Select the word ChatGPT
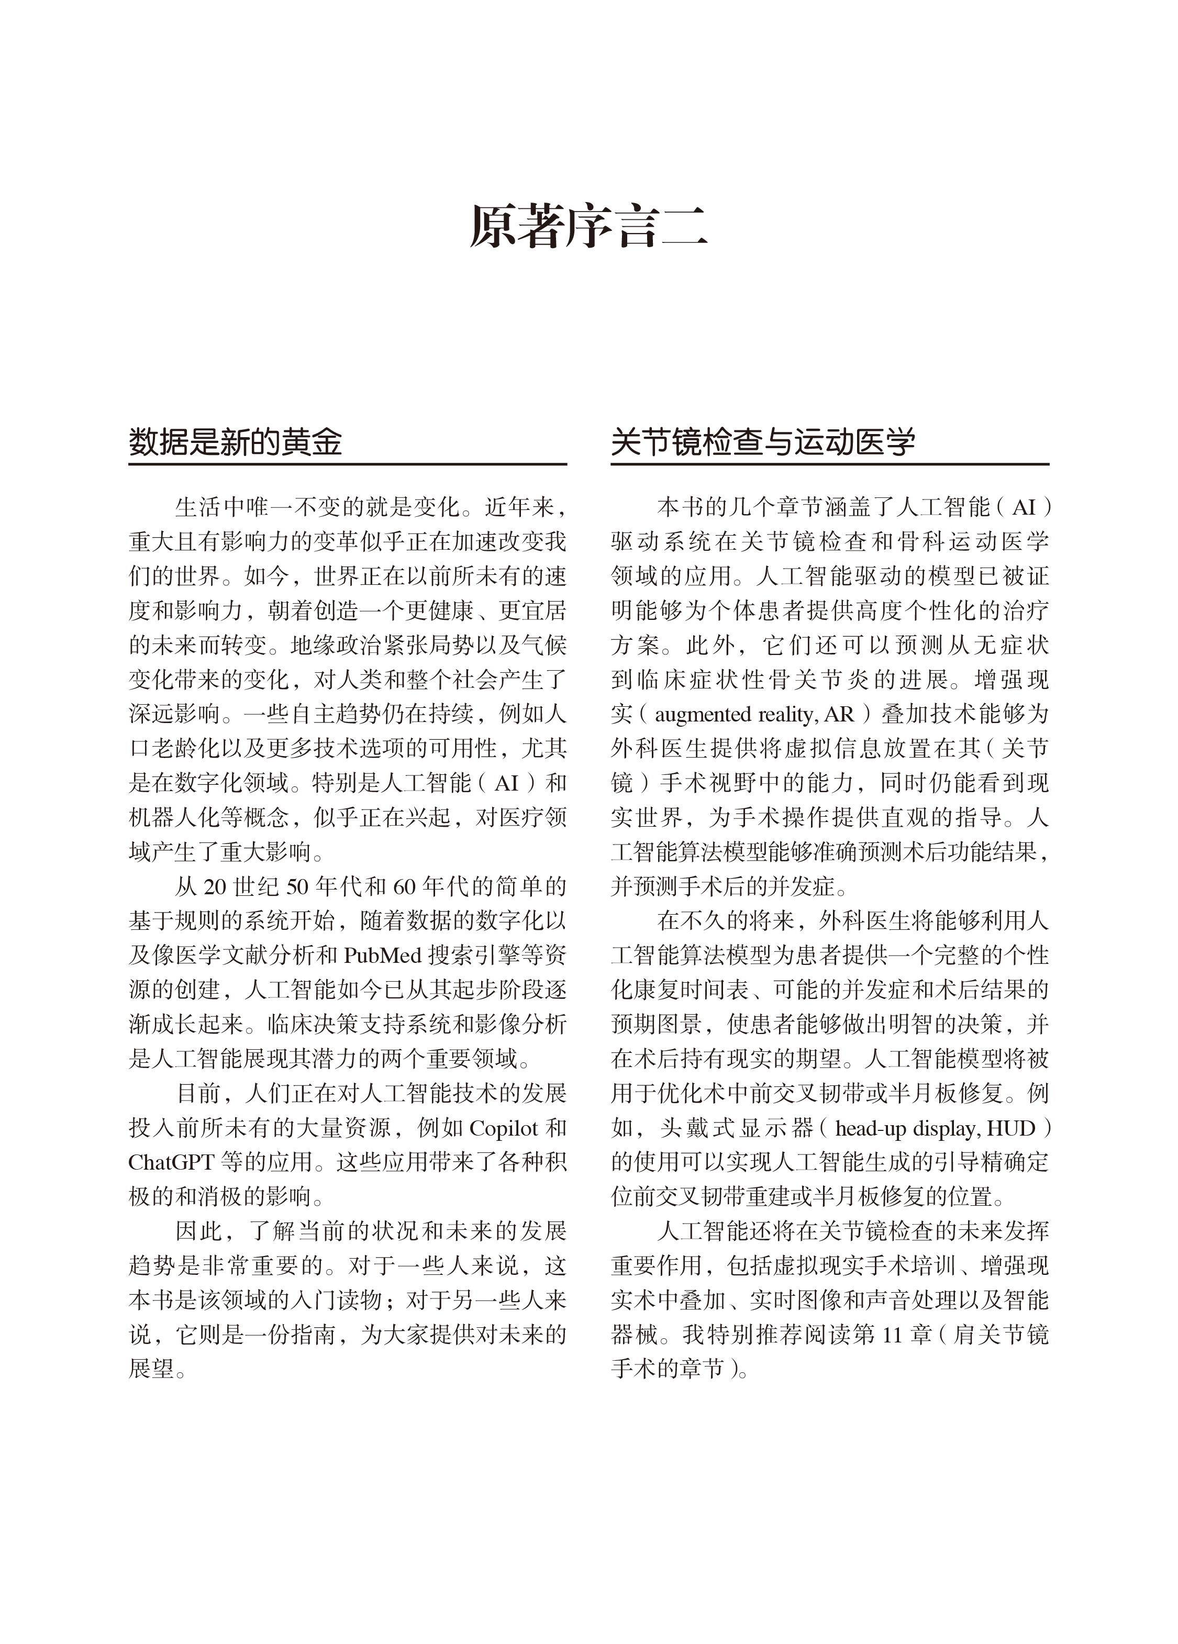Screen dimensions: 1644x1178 pos(171,1163)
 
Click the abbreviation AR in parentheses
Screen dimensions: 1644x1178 pos(839,715)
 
